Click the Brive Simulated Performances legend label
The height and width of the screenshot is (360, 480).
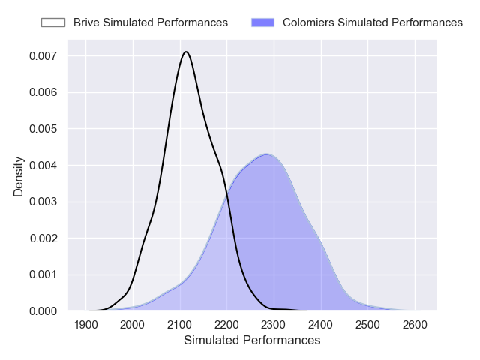pos(150,22)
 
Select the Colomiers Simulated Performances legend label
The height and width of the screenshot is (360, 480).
pos(372,22)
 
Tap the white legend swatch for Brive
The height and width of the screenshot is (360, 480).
pos(53,22)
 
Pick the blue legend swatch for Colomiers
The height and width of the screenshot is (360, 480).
pos(264,22)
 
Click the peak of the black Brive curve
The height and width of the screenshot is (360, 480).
pos(186,52)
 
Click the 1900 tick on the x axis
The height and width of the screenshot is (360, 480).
pos(86,325)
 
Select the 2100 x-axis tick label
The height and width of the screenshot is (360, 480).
pos(179,325)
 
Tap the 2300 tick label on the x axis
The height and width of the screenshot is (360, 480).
pos(274,325)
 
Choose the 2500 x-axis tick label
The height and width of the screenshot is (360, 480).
pos(367,325)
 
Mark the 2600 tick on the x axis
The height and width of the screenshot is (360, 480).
pos(414,325)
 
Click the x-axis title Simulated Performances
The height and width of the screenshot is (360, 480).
pos(252,340)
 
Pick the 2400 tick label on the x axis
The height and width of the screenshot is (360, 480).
pos(320,325)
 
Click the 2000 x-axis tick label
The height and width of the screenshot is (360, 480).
pos(133,325)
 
